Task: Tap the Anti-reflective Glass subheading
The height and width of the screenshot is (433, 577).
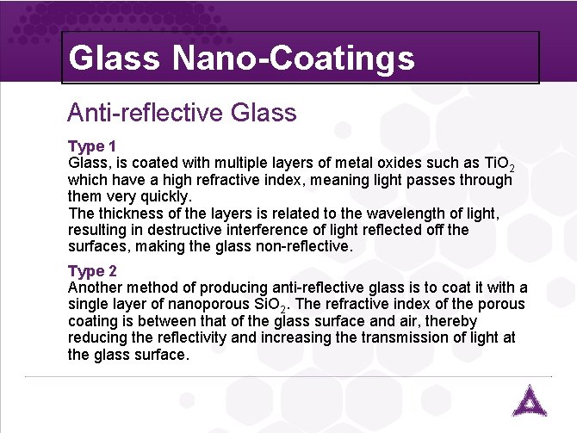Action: point(182,112)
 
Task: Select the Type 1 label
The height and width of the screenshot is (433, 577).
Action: point(91,146)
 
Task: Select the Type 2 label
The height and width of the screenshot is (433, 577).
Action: point(91,271)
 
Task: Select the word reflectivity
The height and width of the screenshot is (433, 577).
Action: point(200,337)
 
